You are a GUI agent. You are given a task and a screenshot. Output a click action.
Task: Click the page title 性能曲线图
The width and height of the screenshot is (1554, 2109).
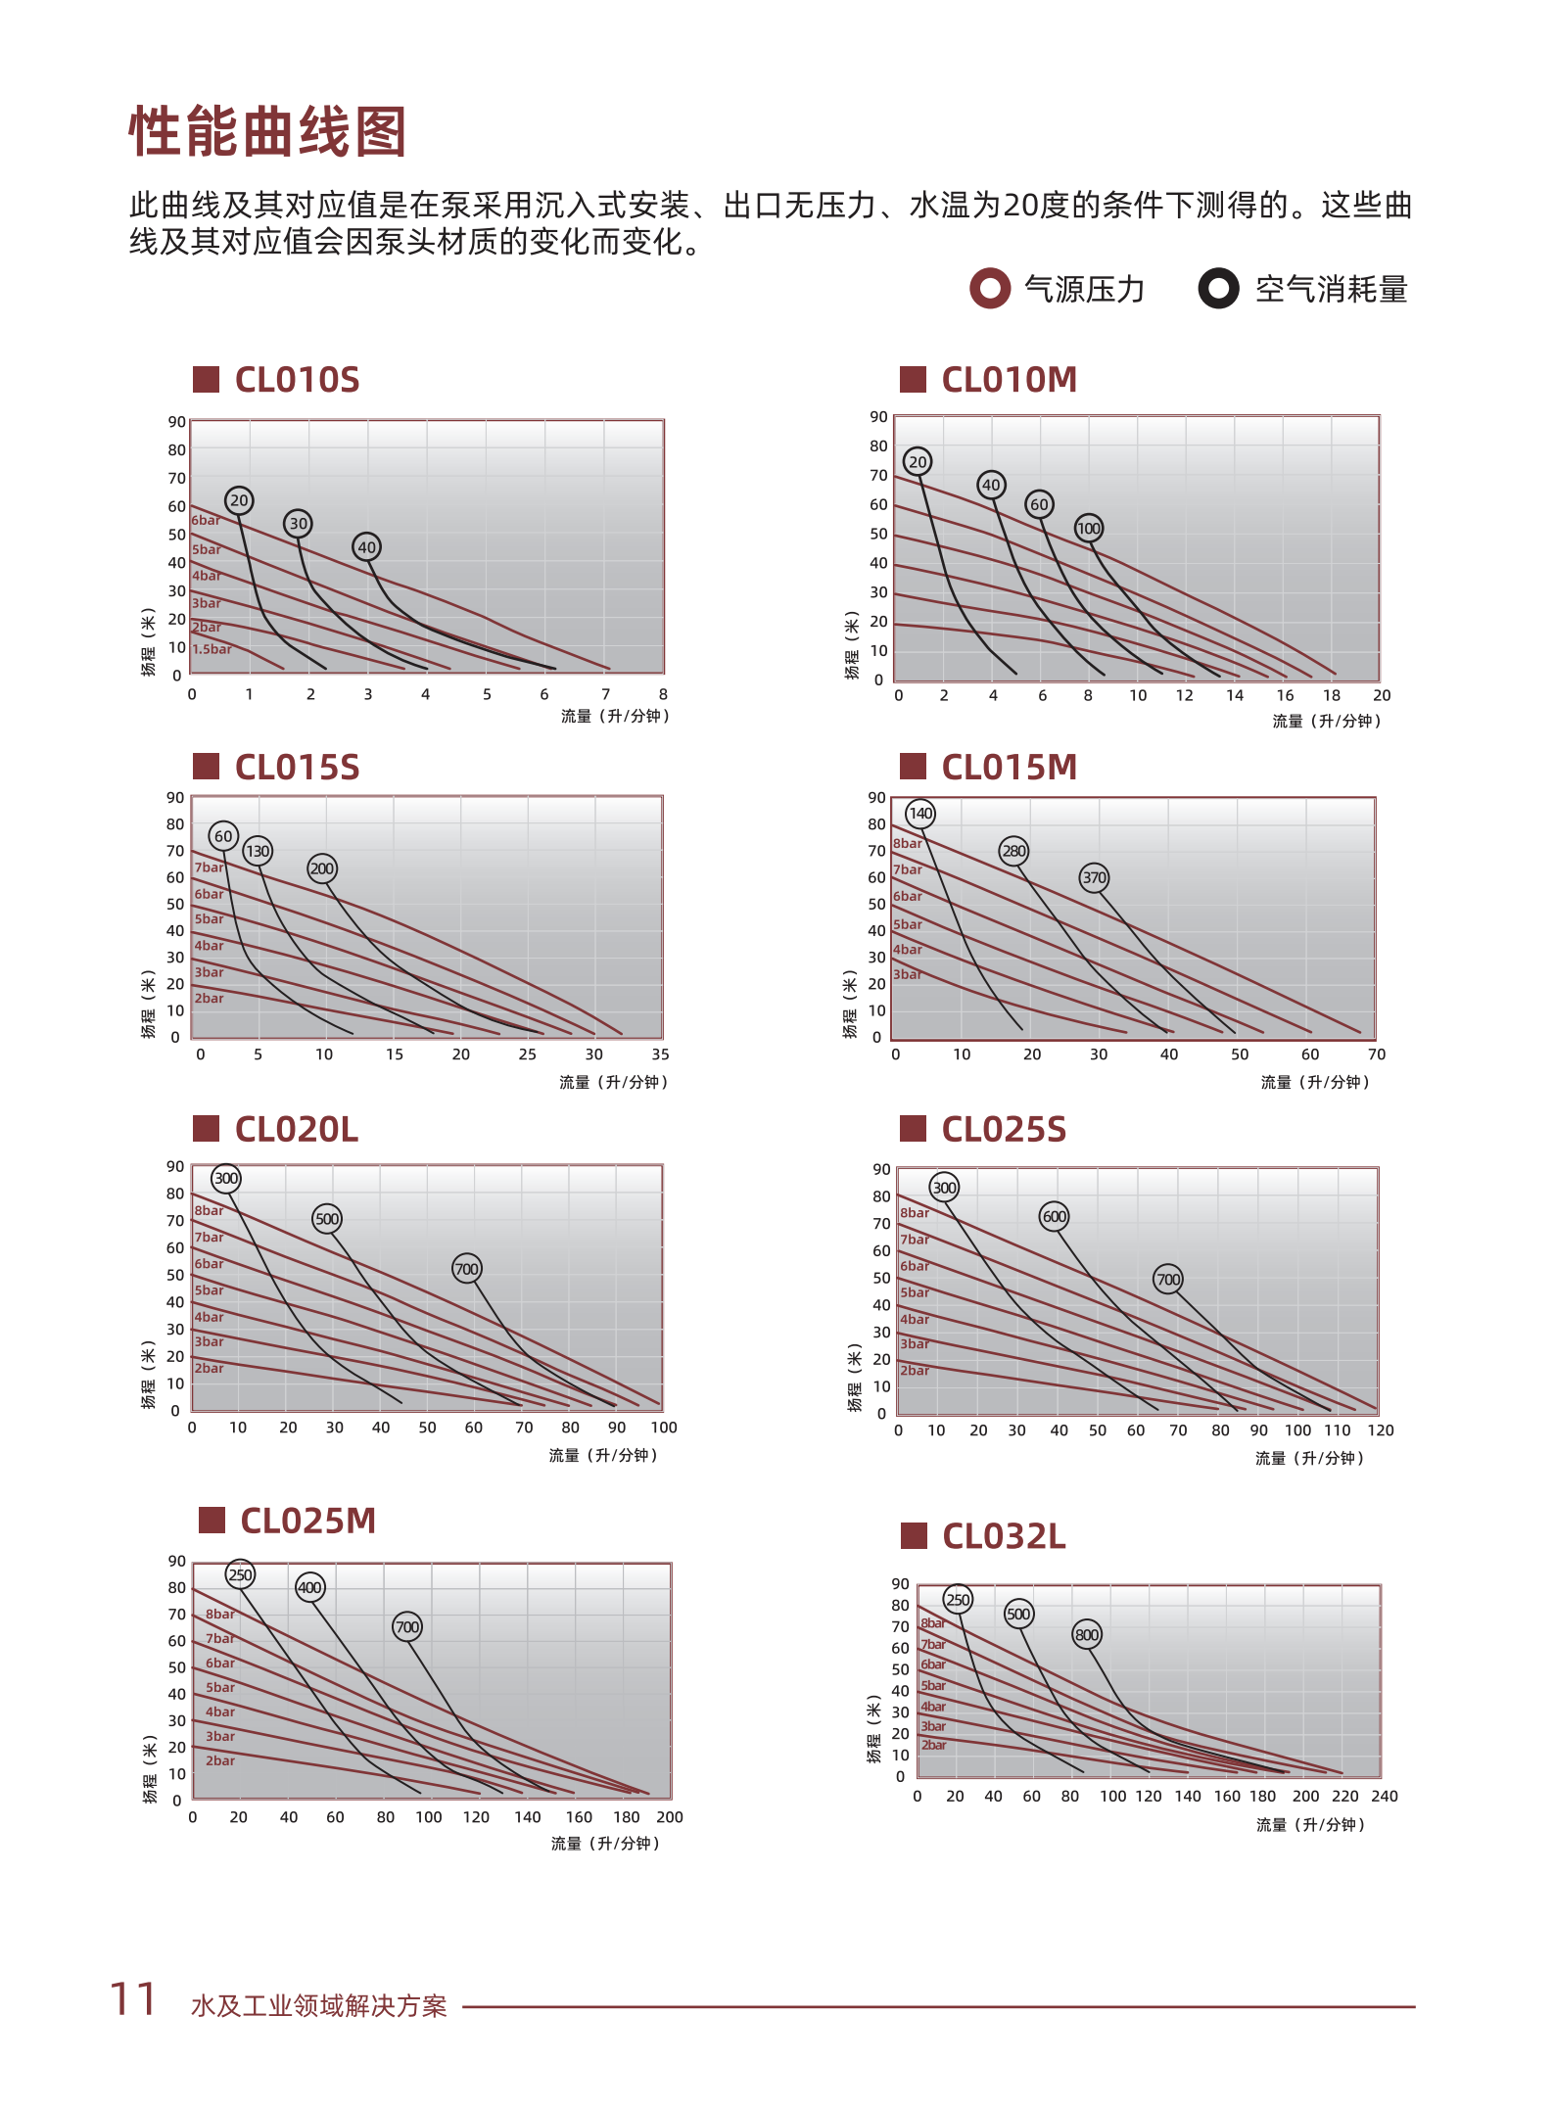[267, 132]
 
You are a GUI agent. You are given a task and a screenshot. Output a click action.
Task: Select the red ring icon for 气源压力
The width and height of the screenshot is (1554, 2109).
[989, 289]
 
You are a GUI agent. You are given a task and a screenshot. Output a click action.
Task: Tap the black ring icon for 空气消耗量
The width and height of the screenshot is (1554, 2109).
[1218, 289]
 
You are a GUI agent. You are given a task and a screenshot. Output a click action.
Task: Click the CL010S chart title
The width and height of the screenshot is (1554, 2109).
[297, 380]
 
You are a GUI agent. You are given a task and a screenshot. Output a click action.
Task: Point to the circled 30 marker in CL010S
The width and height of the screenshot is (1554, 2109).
[298, 523]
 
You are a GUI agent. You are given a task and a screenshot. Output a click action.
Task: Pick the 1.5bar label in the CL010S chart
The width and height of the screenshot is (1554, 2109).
[212, 649]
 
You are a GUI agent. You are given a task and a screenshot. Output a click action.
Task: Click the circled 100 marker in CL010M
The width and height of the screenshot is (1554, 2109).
[1089, 529]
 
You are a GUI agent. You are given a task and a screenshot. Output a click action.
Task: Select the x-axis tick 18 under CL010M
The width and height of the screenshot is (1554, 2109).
[1331, 695]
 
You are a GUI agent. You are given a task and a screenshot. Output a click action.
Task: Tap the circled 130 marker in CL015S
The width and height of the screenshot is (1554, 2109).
[257, 851]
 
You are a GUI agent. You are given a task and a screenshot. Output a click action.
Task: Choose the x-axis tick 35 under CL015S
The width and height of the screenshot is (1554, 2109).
[660, 1054]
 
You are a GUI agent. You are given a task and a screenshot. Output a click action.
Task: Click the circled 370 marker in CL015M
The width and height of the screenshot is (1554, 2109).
[1094, 877]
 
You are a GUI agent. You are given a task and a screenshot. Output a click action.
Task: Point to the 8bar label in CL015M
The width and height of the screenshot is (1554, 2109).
[907, 843]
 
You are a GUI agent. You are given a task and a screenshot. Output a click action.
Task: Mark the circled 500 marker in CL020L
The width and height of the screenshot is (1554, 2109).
[327, 1219]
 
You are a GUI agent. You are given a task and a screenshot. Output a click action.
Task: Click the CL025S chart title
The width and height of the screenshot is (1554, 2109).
[1003, 1130]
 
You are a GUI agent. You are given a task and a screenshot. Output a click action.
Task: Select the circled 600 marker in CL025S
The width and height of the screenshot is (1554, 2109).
[1054, 1216]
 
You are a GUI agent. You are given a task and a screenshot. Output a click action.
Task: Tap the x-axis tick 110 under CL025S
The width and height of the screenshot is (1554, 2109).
[1337, 1430]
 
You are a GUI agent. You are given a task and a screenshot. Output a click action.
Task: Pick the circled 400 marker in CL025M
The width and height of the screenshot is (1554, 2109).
[309, 1587]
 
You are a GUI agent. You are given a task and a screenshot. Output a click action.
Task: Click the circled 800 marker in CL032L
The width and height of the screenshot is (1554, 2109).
[1087, 1634]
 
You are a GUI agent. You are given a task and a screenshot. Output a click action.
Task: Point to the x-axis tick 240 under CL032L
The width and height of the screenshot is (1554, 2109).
[1384, 1796]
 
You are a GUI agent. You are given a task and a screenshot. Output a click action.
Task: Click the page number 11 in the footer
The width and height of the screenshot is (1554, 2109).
[133, 1999]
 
